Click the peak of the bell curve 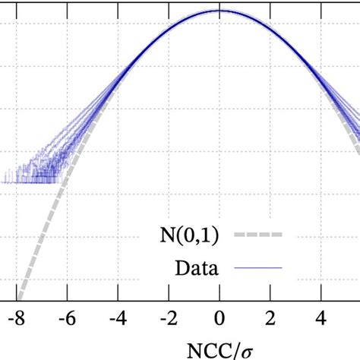tap(219, 11)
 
